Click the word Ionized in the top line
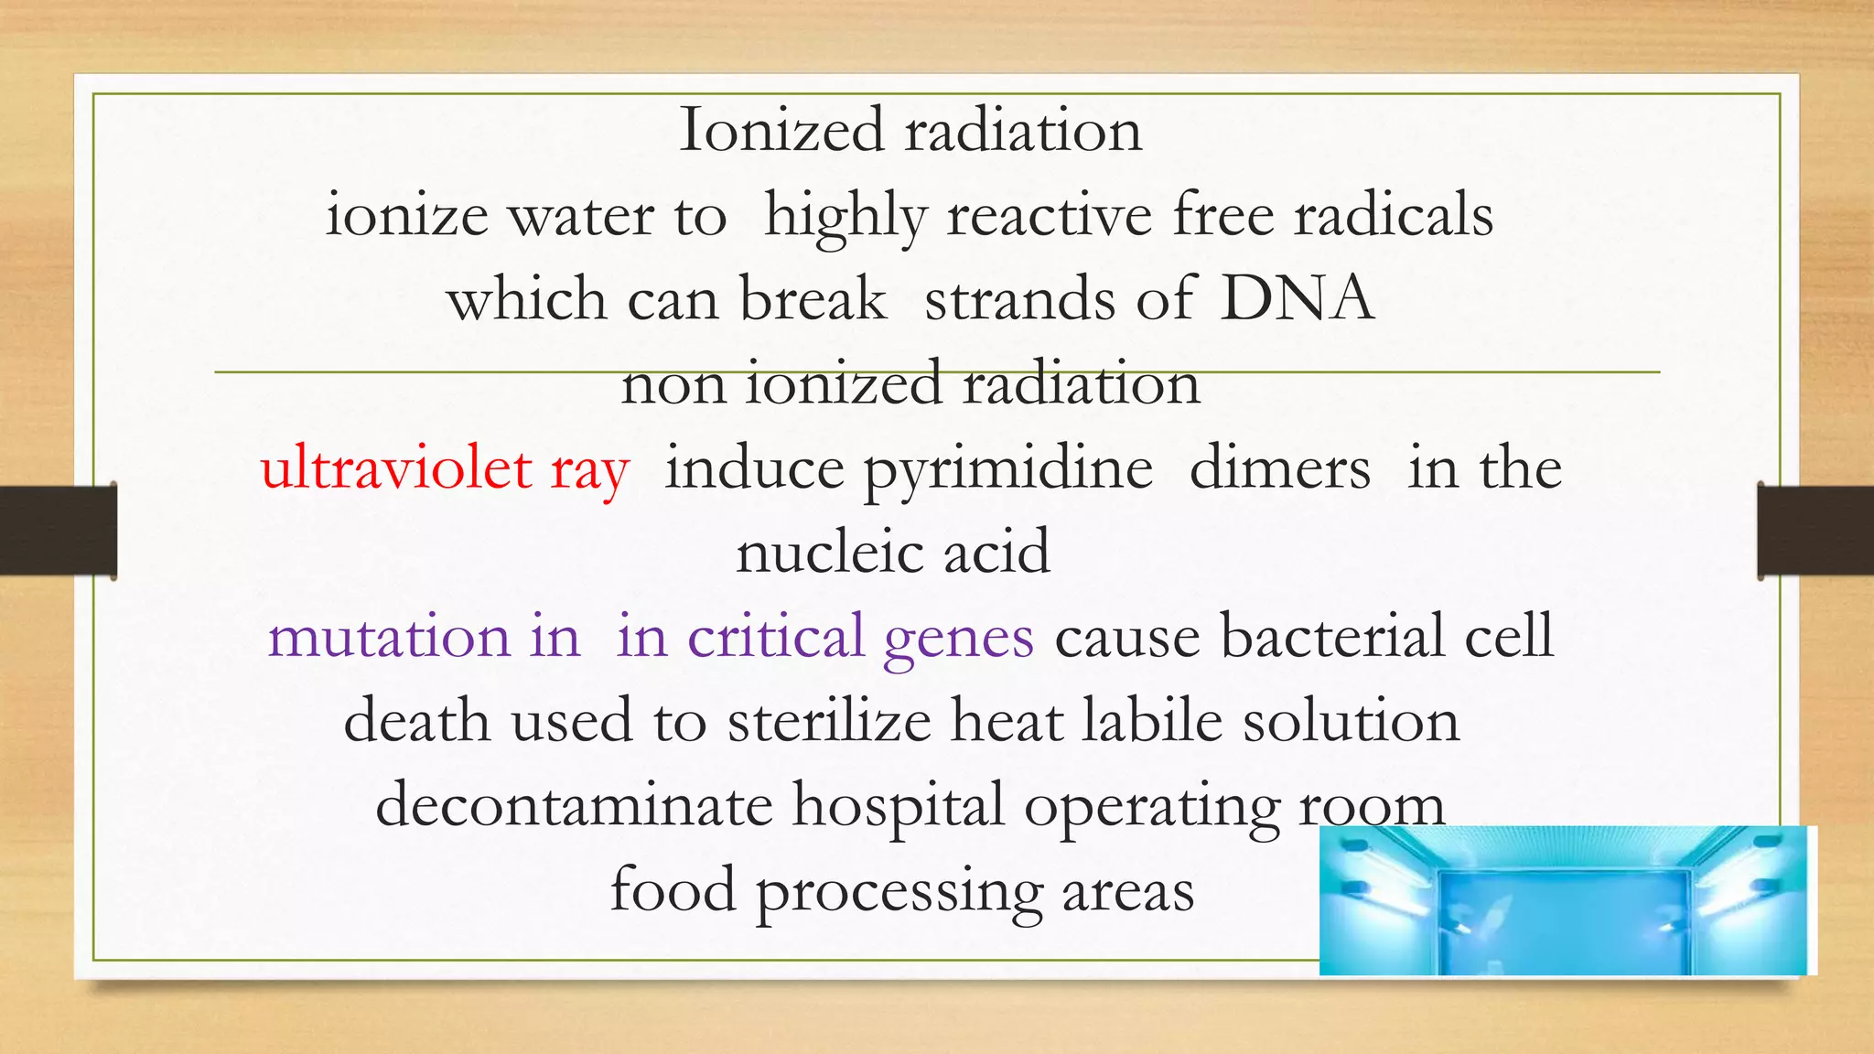point(782,130)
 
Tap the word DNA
point(1298,298)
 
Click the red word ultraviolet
point(395,468)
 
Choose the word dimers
point(1279,468)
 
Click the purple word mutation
point(389,637)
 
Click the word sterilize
point(829,720)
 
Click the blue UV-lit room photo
point(1567,900)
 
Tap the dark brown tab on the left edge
point(58,531)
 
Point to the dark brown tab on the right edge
point(1815,531)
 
